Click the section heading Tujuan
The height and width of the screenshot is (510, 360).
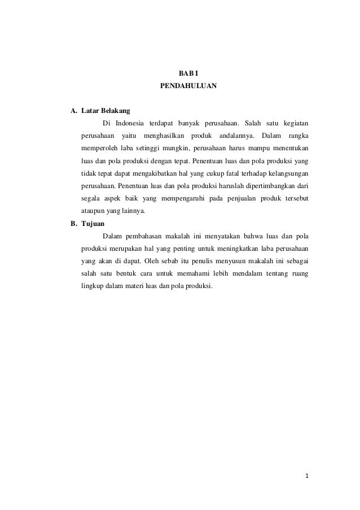tap(93, 224)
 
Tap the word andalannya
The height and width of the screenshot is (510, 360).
tap(236, 136)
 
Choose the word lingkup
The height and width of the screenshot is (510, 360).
tap(92, 286)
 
